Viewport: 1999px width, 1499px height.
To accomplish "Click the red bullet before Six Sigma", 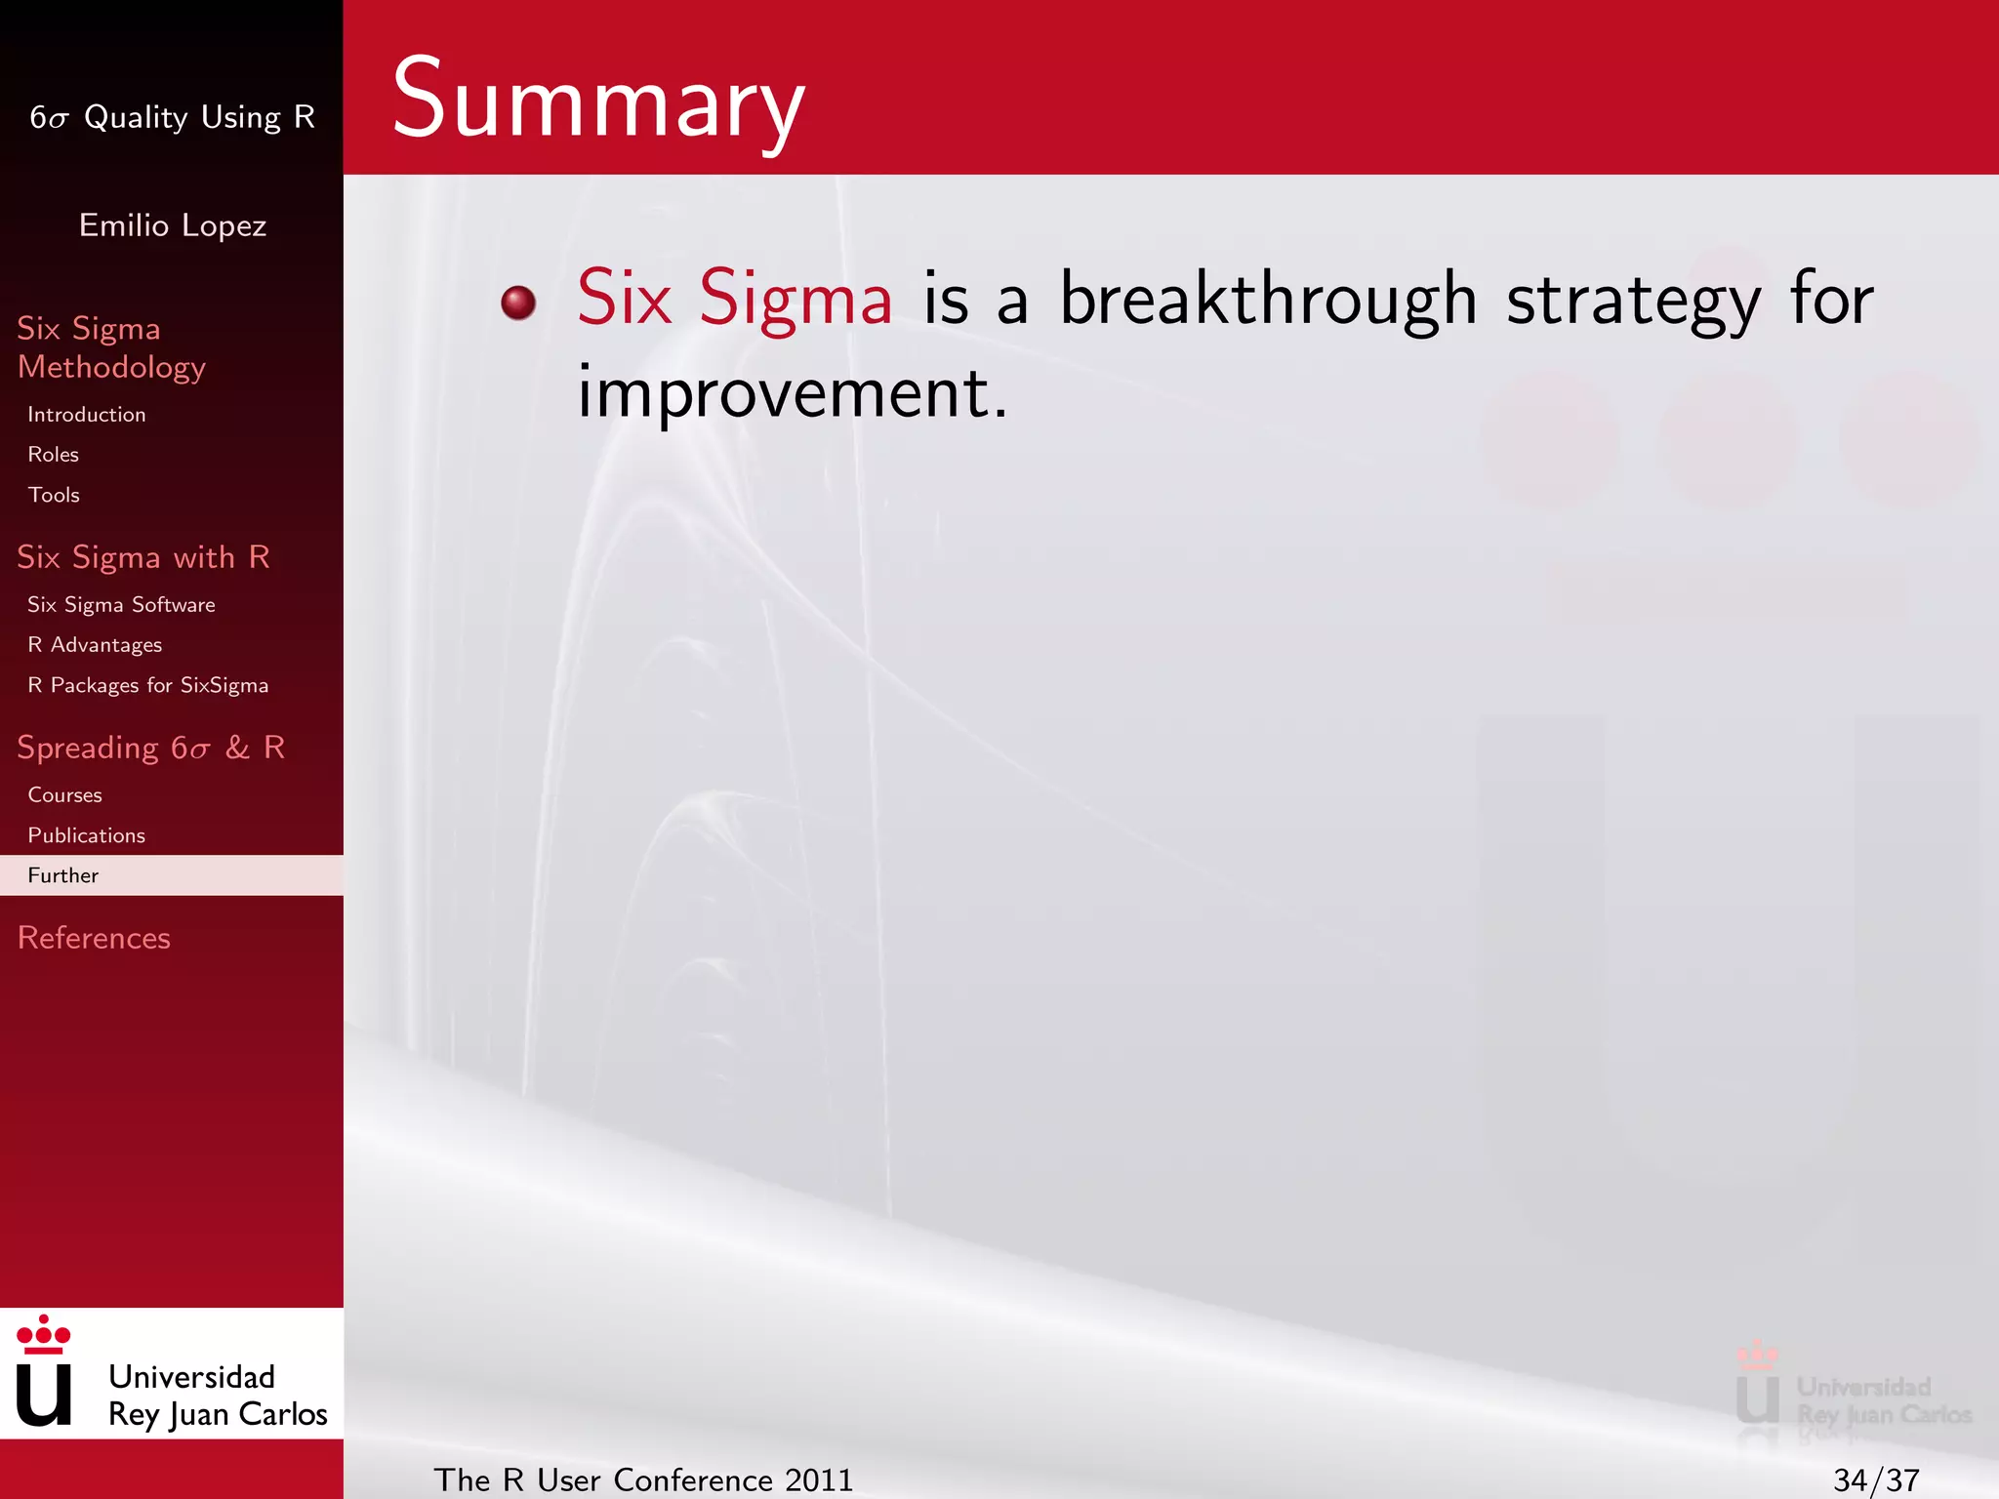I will point(518,302).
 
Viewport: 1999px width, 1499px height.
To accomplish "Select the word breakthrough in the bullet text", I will point(1268,299).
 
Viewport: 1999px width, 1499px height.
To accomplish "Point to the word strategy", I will point(1633,301).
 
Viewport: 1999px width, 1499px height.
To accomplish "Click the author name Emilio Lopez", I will point(173,225).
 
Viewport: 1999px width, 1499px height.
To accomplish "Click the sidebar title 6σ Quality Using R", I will point(173,117).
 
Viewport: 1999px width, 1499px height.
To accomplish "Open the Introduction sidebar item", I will point(87,415).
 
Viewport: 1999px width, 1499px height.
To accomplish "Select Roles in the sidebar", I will point(54,455).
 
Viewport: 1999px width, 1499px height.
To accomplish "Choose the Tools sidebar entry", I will point(54,495).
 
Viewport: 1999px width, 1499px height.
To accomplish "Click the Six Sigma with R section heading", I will point(143,557).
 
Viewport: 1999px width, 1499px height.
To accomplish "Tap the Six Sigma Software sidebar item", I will point(121,605).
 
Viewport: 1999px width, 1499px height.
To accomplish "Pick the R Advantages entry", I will point(95,645).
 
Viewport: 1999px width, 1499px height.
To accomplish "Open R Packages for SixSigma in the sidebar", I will point(147,685).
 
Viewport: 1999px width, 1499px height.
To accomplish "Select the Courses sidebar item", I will point(64,795).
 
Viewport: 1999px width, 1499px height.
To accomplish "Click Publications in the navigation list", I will point(87,835).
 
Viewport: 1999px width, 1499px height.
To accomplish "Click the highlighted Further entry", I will point(63,875).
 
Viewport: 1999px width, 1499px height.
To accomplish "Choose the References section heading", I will point(94,938).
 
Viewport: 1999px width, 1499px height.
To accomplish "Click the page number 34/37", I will point(1875,1479).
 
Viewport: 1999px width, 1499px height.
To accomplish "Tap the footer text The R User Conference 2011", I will point(643,1479).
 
